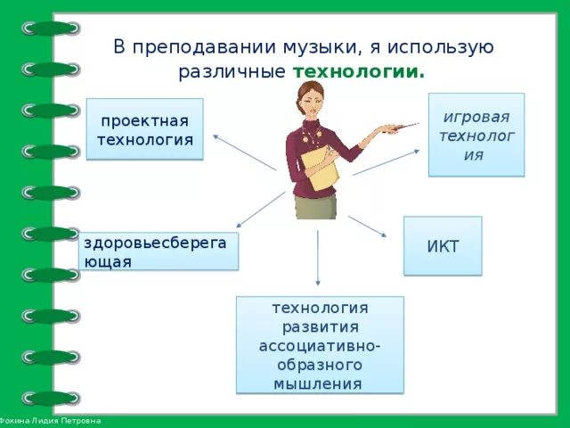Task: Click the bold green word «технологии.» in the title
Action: pos(359,71)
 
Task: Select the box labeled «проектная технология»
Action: pos(144,129)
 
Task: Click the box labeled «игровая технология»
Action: pos(476,135)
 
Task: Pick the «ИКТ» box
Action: pos(443,246)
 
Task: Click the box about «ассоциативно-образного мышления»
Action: pos(319,345)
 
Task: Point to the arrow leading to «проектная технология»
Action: pos(245,152)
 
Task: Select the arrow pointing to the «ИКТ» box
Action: pos(367,226)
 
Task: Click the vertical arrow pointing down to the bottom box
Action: pos(318,258)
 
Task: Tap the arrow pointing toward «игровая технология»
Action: pos(385,162)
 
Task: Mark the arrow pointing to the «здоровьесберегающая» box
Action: pos(261,210)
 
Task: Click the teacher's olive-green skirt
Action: pos(316,207)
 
